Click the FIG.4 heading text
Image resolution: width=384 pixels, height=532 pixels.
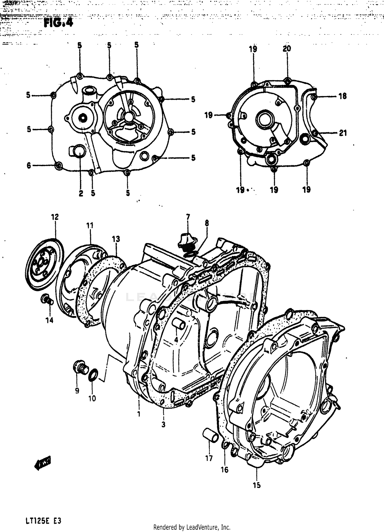58,23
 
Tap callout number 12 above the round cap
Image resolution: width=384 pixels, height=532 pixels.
55,217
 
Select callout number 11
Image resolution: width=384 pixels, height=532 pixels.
90,226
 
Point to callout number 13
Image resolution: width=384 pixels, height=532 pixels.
116,239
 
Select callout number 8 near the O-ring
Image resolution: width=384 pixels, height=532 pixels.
207,223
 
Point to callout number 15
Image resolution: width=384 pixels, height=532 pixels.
257,485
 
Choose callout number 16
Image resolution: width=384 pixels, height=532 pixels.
225,470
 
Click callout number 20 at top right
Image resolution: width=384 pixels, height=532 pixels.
287,48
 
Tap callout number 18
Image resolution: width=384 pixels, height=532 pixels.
342,96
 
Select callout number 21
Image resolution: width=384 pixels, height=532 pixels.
343,133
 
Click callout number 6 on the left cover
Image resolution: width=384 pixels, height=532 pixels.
29,166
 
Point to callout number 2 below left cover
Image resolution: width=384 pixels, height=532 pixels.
81,193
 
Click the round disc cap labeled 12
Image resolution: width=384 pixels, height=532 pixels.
45,264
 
